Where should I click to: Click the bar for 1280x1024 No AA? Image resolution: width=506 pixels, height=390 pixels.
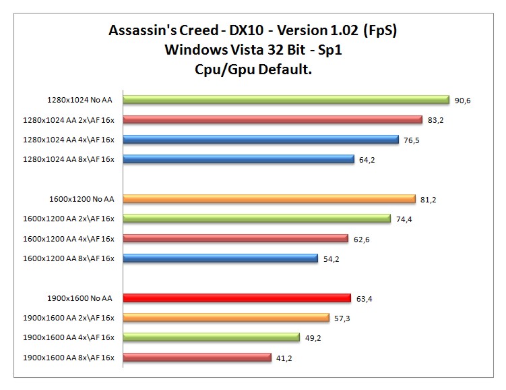point(286,100)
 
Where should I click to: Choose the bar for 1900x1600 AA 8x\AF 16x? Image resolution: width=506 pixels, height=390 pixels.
point(196,357)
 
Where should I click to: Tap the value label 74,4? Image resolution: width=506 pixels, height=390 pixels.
point(404,219)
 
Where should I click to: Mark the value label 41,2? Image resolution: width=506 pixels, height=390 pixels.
point(284,358)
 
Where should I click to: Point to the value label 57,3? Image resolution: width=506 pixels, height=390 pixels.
point(342,318)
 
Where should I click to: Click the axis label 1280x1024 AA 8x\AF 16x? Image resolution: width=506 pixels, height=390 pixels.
point(69,160)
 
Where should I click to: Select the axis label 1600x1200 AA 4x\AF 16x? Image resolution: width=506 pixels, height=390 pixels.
point(69,238)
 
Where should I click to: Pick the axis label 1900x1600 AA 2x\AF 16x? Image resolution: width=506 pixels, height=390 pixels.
point(69,318)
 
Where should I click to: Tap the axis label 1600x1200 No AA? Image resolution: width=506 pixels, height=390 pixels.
point(81,199)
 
